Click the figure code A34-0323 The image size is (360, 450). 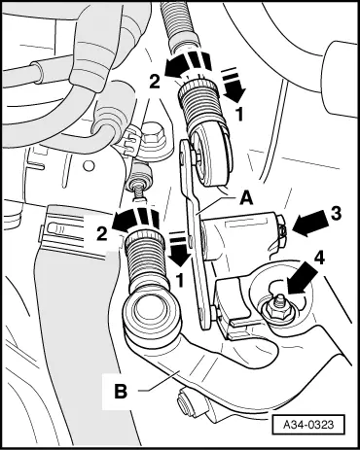(307, 425)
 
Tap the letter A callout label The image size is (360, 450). (246, 197)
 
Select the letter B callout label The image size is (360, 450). (121, 391)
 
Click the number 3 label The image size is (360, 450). (335, 214)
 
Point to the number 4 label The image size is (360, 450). (319, 259)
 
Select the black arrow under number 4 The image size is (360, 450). (301, 278)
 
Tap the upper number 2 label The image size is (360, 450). (155, 82)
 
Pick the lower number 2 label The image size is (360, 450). (101, 233)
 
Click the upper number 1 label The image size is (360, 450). (239, 115)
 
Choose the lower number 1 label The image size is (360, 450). (179, 281)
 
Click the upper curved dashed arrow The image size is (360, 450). (188, 62)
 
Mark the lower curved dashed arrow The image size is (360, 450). (135, 218)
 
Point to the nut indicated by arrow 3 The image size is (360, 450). (282, 229)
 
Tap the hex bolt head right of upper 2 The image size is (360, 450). (154, 136)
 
